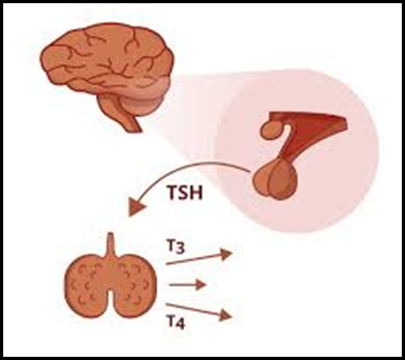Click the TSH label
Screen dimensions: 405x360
[x=185, y=192]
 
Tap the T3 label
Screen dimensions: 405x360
[x=176, y=247]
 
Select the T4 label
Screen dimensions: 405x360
[x=176, y=322]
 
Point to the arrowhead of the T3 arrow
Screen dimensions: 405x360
[x=226, y=255]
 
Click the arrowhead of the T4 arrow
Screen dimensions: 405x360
[x=226, y=315]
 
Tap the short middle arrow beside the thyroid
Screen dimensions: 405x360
[x=187, y=285]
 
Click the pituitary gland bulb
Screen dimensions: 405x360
[x=274, y=180]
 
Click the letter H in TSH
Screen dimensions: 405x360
[x=197, y=192]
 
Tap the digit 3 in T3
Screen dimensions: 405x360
[x=180, y=249]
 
